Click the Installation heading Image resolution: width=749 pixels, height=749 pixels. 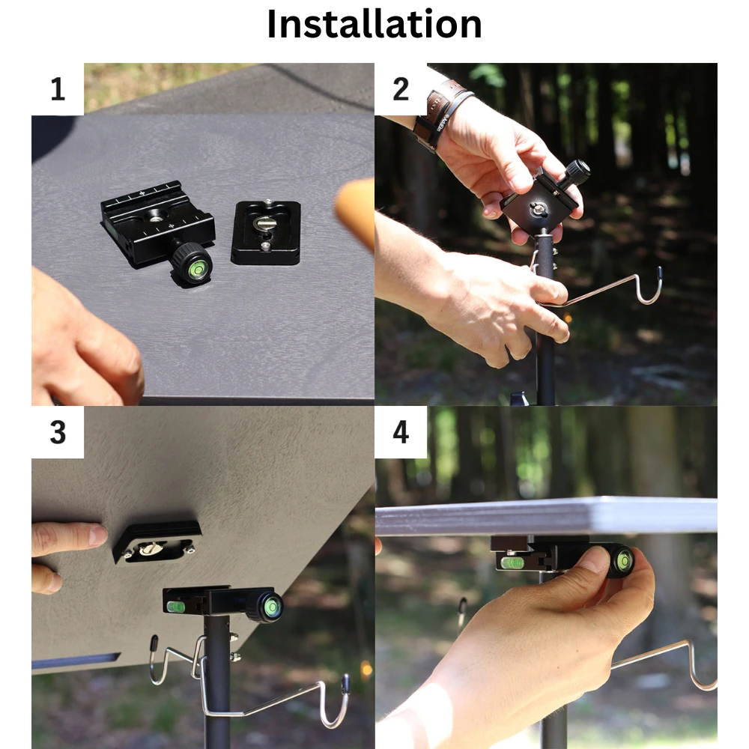374,24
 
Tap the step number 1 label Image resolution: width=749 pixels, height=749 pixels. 57,89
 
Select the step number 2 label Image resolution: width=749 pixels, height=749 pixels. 401,89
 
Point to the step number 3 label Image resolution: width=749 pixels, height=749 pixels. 57,432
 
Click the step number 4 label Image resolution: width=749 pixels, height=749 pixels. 401,432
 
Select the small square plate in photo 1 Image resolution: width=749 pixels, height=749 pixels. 266,232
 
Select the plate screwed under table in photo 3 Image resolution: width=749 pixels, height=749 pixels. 158,541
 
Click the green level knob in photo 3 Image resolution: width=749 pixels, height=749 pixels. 266,605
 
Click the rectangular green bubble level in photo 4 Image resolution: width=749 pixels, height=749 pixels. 512,561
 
